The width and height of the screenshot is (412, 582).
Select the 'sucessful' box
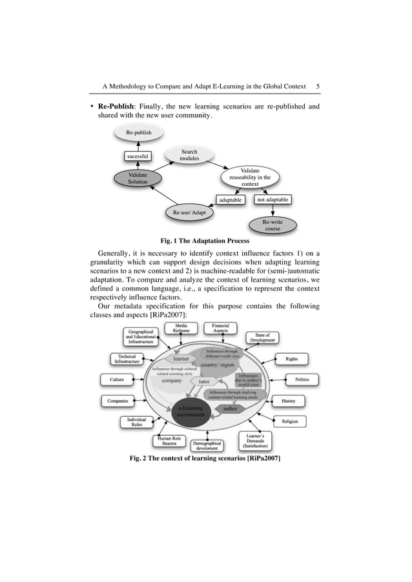[137, 156]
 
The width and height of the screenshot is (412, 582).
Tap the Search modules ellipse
[189, 156]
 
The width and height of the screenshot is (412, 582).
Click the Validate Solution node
[138, 178]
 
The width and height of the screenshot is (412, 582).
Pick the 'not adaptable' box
[270, 200]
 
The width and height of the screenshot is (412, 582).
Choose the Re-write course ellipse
[273, 225]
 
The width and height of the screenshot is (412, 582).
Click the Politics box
[302, 379]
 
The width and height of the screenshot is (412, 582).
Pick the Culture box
[117, 380]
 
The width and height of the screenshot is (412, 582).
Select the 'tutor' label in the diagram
[205, 381]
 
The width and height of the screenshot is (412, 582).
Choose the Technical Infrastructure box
[127, 359]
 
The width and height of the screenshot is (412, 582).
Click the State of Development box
[262, 338]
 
